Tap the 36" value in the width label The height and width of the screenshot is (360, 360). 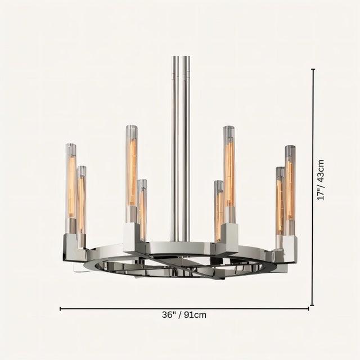[169, 315]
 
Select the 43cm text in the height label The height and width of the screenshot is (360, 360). [321, 170]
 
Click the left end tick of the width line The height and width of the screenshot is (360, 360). [60, 308]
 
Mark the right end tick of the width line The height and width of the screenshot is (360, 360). [309, 308]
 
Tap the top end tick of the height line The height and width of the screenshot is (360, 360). [313, 69]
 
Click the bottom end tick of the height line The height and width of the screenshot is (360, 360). [313, 304]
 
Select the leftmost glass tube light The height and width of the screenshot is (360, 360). [71, 188]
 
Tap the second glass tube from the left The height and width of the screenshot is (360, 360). [82, 200]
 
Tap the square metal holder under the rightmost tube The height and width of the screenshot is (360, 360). [289, 247]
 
